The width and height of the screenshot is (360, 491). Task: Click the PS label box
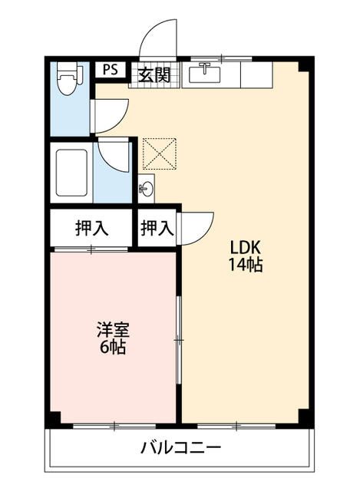click(x=110, y=69)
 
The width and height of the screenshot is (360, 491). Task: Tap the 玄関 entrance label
click(x=154, y=74)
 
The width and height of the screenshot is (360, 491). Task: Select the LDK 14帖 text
click(x=246, y=257)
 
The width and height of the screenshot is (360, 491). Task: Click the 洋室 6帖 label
click(x=113, y=338)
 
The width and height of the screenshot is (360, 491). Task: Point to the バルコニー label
click(x=181, y=448)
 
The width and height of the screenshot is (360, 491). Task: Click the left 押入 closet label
click(x=91, y=228)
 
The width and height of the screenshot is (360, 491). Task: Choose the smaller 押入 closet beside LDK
click(x=157, y=228)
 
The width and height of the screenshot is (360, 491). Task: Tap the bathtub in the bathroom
click(x=73, y=173)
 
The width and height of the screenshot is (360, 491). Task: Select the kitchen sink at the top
click(x=204, y=74)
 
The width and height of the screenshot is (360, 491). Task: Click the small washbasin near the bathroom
click(x=146, y=187)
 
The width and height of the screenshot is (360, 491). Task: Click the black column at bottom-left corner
click(x=53, y=420)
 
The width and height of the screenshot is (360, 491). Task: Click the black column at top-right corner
click(x=306, y=65)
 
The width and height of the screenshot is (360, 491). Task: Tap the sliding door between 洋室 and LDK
click(x=179, y=338)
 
